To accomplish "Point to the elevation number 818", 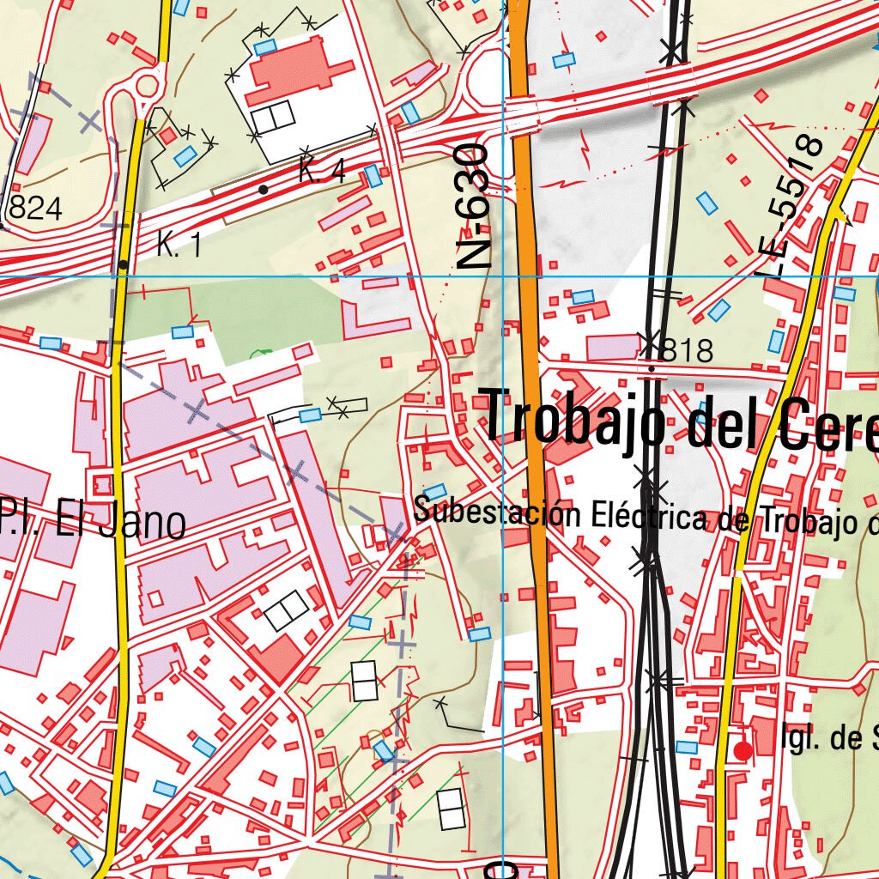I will click(688, 350).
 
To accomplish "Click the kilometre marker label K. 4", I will click(322, 173).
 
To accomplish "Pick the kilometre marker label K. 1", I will click(179, 247).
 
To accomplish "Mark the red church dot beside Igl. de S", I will click(743, 751).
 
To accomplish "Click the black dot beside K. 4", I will click(264, 189).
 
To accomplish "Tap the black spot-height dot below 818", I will click(652, 369).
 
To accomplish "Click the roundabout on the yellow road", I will click(148, 86).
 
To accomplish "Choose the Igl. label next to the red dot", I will click(802, 737).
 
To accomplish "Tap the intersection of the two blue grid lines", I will click(503, 277).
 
